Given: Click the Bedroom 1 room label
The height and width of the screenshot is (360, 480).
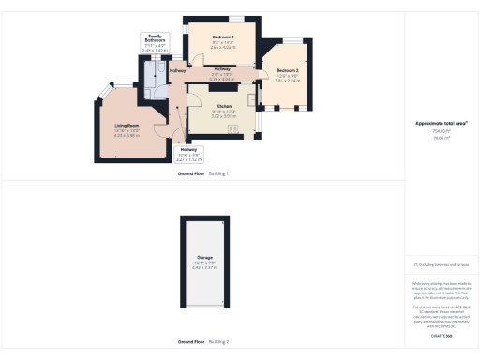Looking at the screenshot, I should click(x=223, y=37).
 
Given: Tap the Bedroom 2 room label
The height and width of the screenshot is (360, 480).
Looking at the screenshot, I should click(x=288, y=71).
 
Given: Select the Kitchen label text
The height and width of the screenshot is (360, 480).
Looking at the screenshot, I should click(x=223, y=106).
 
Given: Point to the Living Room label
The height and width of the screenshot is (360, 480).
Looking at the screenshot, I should click(x=127, y=125).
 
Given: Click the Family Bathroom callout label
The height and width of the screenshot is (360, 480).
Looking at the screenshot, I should click(x=156, y=38).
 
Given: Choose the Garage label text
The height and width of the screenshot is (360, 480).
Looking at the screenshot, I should click(x=204, y=257).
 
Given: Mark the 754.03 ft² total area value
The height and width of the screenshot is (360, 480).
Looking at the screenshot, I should click(x=436, y=130).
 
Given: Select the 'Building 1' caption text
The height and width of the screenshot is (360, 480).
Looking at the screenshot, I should click(x=218, y=174).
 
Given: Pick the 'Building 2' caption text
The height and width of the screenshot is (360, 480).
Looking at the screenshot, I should click(x=218, y=342).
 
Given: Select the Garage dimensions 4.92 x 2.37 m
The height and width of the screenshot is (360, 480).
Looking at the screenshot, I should click(x=204, y=268).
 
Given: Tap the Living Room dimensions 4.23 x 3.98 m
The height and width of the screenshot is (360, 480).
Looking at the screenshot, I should click(x=127, y=136).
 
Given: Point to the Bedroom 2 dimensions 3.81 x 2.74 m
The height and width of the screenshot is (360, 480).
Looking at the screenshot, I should click(x=288, y=82).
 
